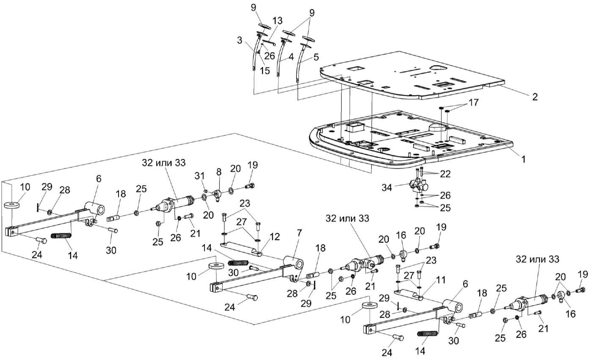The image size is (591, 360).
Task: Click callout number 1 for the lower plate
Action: point(523,160)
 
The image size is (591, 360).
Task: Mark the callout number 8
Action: point(218,174)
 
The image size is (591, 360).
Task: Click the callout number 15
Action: point(265,71)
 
